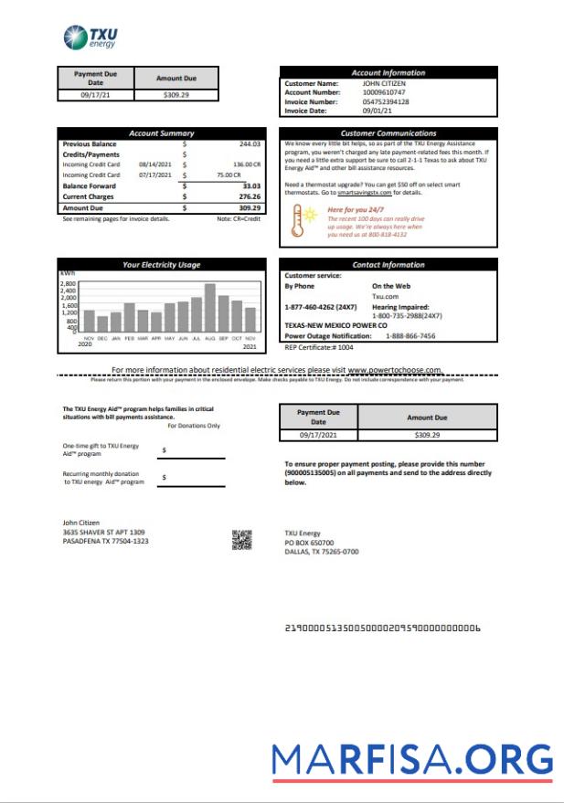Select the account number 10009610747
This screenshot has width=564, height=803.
pos(384,92)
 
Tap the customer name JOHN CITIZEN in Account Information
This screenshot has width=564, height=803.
pos(387,83)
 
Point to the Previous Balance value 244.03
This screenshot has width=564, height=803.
pos(250,144)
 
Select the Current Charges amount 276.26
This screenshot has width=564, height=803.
pos(250,196)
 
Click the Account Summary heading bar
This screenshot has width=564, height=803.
pos(161,133)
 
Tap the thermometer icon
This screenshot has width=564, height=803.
pos(297,221)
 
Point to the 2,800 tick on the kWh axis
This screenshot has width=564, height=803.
pos(69,284)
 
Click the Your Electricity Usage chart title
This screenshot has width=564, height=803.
pos(161,265)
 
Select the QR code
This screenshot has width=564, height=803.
pos(241,540)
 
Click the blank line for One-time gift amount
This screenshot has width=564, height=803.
pos(192,457)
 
